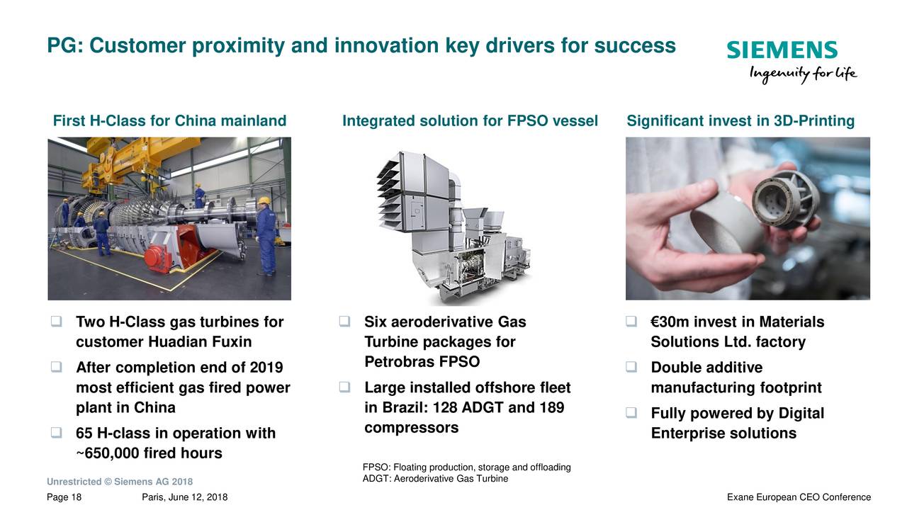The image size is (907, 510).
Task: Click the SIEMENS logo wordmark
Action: pos(782,50)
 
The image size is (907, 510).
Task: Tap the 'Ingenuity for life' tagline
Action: pos(803,74)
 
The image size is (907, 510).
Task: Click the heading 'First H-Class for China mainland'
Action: pos(169,121)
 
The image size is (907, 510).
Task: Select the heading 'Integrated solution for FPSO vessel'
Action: pos(470,121)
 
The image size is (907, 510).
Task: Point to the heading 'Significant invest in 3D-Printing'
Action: pos(740,121)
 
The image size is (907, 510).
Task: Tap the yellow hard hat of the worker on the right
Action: pos(264,201)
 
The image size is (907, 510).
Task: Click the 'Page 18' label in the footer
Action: pos(64,497)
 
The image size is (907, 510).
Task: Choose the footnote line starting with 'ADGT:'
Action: pos(435,479)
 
